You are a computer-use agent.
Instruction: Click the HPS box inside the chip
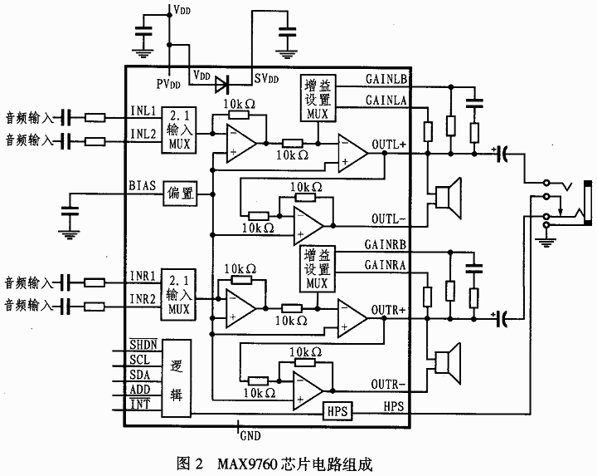point(335,410)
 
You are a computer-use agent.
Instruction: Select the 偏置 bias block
point(180,193)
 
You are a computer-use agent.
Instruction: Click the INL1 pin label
point(143,110)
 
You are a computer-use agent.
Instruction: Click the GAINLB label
point(386,80)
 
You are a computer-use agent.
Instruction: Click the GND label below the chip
point(250,434)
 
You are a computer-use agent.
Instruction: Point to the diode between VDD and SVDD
point(221,83)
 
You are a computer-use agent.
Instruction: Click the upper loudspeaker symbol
point(448,197)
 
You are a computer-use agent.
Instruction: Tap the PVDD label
point(168,84)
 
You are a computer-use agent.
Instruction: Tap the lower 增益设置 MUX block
point(320,269)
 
